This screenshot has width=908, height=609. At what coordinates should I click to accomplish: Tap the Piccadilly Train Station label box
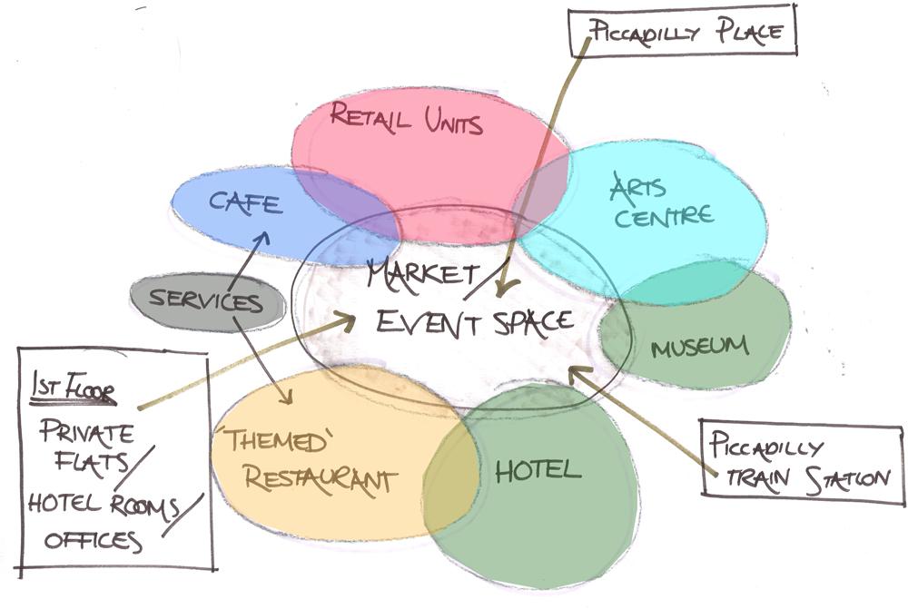802,462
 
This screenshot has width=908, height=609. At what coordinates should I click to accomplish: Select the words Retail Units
406,118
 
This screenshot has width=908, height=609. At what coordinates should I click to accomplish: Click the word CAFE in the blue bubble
245,201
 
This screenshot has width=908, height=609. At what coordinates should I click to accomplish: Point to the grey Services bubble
207,300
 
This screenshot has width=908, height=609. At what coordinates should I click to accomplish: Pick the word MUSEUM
700,346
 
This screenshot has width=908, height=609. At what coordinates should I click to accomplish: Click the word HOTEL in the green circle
538,469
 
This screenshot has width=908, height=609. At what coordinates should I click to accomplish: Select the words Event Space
475,321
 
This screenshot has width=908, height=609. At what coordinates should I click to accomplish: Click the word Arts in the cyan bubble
637,188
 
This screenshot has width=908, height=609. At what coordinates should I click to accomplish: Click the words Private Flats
86,446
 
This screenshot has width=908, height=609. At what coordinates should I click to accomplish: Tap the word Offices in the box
94,542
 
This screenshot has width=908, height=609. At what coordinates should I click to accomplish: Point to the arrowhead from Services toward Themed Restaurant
289,398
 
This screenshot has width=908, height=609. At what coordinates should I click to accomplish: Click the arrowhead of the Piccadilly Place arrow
501,290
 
